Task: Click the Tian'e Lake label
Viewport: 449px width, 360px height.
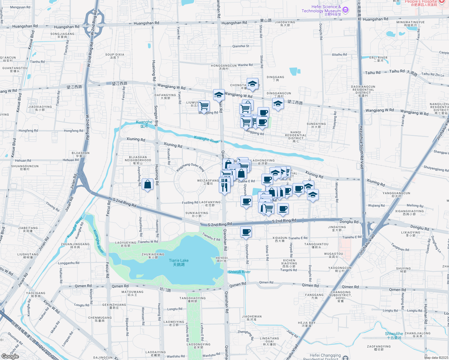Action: click(179, 262)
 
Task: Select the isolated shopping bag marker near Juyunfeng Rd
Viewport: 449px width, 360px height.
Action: click(148, 184)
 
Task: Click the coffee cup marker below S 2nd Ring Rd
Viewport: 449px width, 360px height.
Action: click(246, 232)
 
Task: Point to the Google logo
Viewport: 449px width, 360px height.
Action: click(10, 356)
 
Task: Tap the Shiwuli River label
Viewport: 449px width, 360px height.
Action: click(239, 272)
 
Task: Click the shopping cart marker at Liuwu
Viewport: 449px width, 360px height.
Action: click(204, 106)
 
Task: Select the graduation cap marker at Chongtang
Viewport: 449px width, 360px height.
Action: click(252, 84)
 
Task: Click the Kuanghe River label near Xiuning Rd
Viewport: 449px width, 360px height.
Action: click(206, 139)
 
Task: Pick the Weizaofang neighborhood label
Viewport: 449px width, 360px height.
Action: click(208, 182)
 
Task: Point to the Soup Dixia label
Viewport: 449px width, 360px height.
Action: click(115, 56)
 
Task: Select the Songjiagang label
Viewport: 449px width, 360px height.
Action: click(62, 35)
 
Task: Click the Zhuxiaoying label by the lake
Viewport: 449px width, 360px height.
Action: click(153, 256)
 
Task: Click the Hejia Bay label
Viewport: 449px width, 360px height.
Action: click(306, 324)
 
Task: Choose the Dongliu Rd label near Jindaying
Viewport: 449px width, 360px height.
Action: click(349, 222)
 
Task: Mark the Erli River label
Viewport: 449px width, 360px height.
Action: click(378, 59)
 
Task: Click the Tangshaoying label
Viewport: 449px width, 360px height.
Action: click(192, 299)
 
